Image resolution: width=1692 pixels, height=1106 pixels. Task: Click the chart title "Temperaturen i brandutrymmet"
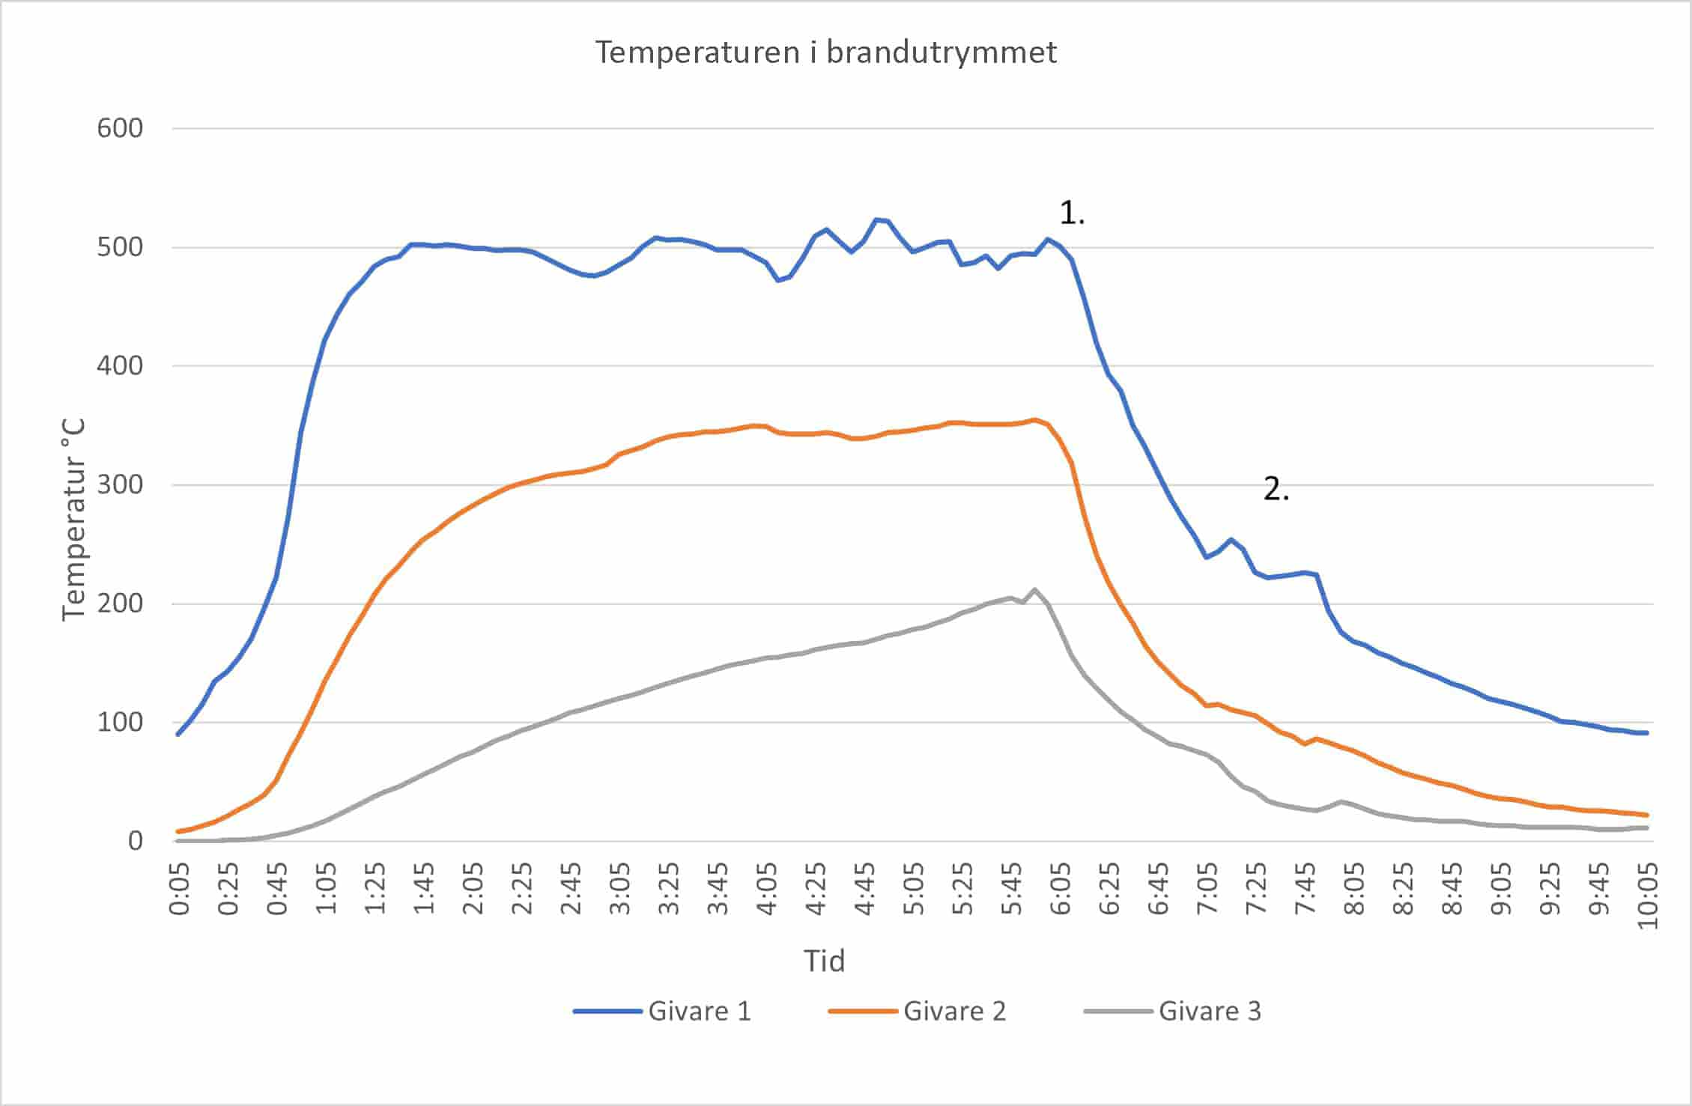(825, 52)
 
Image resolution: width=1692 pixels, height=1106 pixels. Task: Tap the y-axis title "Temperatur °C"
(73, 520)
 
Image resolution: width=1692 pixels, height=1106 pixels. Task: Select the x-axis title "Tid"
(824, 961)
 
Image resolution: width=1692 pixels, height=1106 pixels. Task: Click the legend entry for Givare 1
(662, 1011)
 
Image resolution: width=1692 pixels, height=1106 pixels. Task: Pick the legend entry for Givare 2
(918, 1011)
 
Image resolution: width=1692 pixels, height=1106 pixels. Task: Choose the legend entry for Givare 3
(1173, 1011)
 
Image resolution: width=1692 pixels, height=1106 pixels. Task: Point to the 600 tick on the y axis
(120, 128)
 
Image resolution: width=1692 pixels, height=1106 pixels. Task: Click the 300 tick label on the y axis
(120, 484)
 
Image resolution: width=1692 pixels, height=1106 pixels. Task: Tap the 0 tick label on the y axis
(135, 840)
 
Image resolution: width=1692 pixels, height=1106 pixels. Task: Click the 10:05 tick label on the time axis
(1648, 895)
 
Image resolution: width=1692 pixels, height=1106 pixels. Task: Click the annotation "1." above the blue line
(1071, 214)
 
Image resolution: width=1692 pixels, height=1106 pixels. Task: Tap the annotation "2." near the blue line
(1276, 490)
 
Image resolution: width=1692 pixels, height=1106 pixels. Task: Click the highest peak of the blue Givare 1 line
(876, 219)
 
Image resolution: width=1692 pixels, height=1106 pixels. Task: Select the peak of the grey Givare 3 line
(1035, 589)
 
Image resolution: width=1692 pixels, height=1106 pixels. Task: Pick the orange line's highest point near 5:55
(1035, 420)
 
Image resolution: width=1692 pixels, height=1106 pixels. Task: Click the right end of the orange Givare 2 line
(1647, 815)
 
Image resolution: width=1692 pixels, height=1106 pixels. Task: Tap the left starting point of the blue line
(178, 734)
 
